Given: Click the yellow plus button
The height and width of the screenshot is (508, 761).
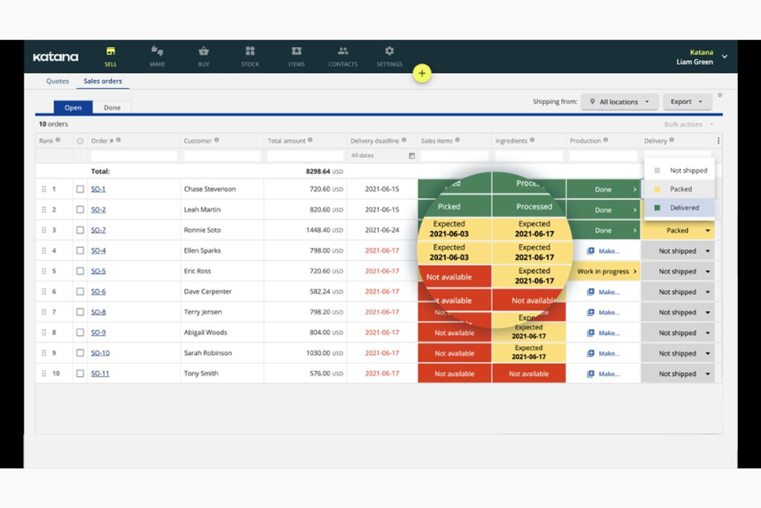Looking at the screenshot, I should click(x=422, y=73).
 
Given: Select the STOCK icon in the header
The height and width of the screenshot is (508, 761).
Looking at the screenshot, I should click(x=250, y=51).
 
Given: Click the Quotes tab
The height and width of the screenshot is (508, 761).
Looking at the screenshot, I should click(x=57, y=81).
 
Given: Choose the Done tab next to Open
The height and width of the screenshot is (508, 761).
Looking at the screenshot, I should click(x=112, y=108).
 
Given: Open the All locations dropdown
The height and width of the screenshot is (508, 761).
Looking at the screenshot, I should click(x=619, y=102).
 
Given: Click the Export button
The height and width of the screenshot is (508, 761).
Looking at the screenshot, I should click(x=686, y=101).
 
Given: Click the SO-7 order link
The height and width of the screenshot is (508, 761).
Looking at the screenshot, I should click(x=98, y=230).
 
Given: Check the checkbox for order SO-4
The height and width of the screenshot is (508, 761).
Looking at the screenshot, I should click(x=80, y=251).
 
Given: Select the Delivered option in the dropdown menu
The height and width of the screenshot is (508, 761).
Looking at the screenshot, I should click(x=684, y=207).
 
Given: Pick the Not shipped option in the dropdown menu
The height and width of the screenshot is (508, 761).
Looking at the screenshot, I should click(x=688, y=170).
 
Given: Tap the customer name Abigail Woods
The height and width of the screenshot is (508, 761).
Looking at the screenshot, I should click(x=205, y=332).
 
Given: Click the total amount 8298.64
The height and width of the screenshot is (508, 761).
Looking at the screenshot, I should click(x=318, y=171).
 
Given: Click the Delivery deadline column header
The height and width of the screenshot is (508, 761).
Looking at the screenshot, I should click(x=374, y=141).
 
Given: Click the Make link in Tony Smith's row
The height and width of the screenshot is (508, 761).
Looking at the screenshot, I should click(x=605, y=374).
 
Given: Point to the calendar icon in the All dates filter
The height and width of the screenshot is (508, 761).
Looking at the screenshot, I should click(x=411, y=155).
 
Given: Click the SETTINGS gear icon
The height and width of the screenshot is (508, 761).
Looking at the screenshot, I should click(x=389, y=51).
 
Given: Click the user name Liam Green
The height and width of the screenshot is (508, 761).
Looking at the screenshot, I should click(x=694, y=62).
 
